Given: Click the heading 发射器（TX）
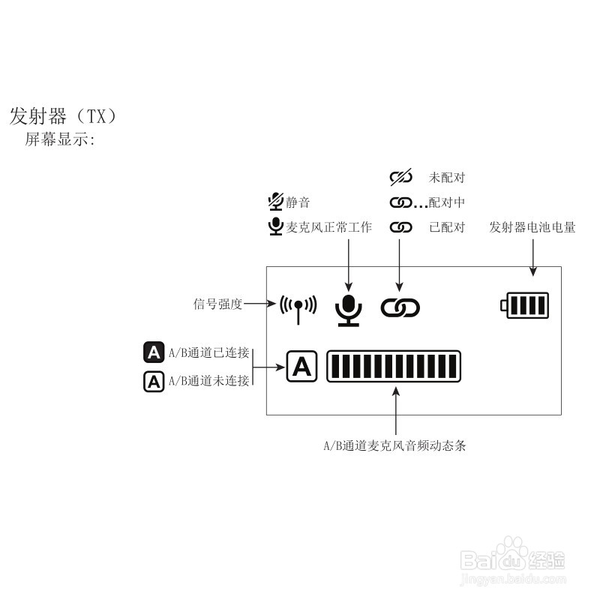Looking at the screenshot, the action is (x=63, y=116).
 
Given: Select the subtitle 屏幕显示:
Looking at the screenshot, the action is (x=60, y=140).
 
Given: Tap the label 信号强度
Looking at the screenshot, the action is (x=218, y=304).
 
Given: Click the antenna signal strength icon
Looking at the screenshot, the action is (x=298, y=306).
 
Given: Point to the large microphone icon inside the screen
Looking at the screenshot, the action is (x=347, y=308).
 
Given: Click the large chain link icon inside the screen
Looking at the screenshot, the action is (x=400, y=307).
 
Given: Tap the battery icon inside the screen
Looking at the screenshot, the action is (x=525, y=305).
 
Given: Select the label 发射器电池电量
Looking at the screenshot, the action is (x=532, y=226).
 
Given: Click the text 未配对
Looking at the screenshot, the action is (x=447, y=178).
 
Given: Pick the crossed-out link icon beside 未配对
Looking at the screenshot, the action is (x=401, y=178).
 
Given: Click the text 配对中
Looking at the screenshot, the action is (x=447, y=202).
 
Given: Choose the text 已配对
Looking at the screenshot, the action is (x=447, y=227).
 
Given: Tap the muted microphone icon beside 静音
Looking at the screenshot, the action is (x=275, y=201).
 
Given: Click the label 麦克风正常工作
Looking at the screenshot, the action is (x=329, y=227).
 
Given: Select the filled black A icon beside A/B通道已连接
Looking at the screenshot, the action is (x=154, y=352).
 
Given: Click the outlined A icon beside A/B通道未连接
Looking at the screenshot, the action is (x=154, y=382).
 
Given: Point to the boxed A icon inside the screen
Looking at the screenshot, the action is (x=301, y=367).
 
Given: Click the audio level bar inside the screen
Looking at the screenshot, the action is (x=394, y=367).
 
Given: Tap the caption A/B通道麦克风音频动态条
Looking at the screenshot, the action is (x=394, y=445).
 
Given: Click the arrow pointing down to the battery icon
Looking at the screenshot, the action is (x=532, y=259).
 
